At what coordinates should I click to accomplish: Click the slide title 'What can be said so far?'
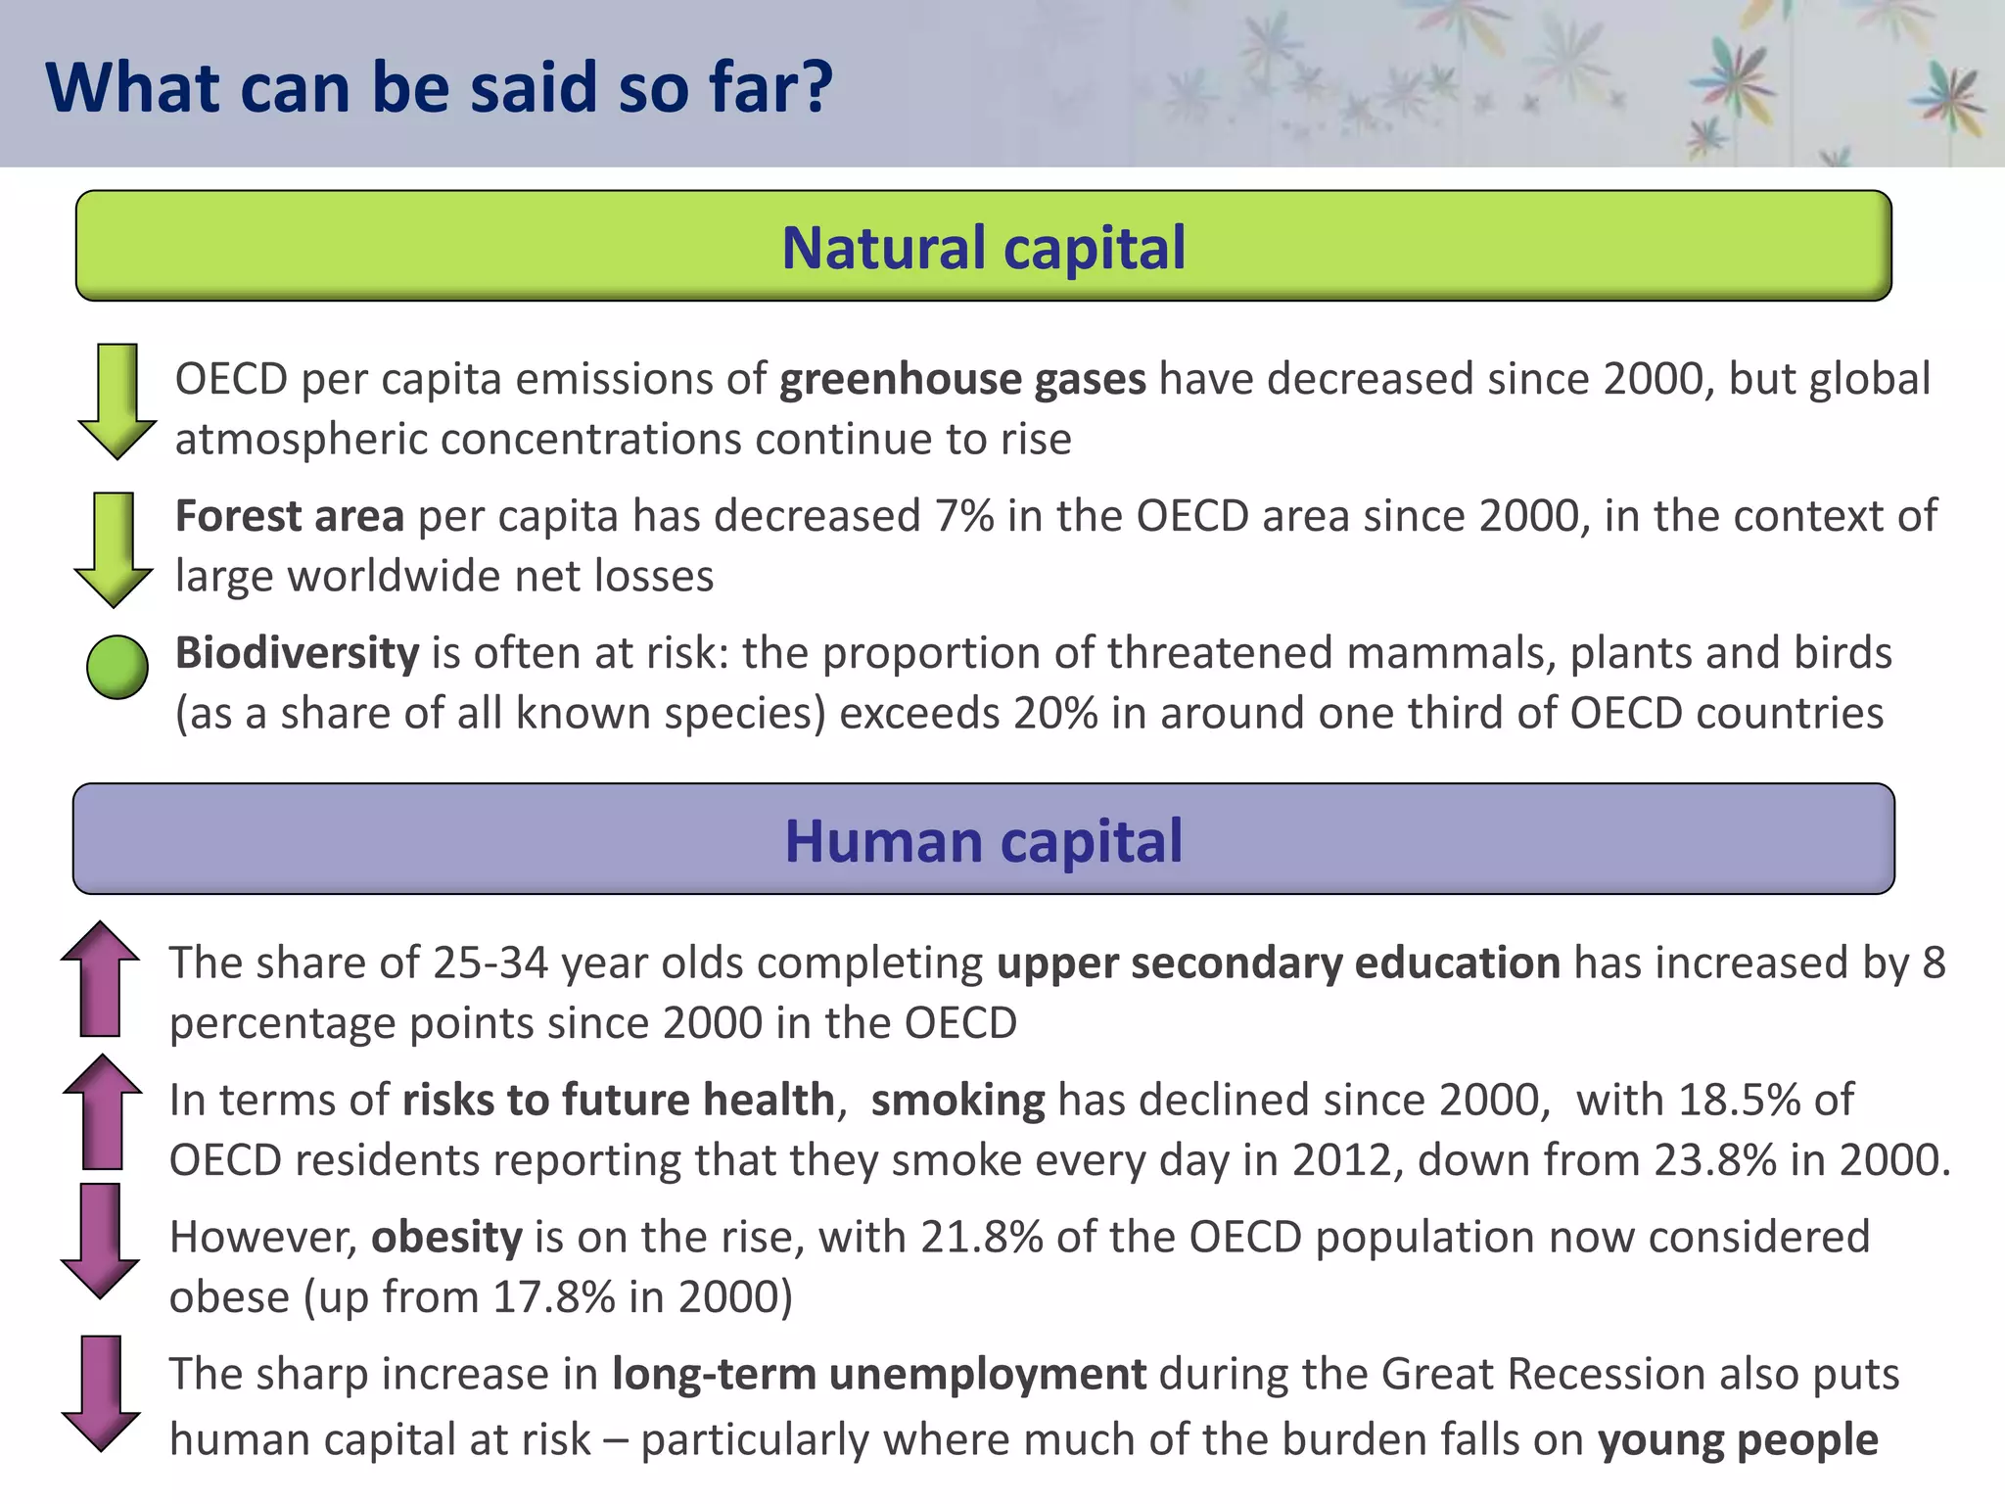tap(439, 87)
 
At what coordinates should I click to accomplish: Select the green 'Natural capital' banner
tap(983, 246)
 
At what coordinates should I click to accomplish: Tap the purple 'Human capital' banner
tap(983, 839)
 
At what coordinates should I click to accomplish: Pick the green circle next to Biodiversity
tap(117, 667)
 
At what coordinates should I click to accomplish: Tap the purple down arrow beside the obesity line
tap(100, 1241)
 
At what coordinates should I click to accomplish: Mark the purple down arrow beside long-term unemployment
tap(101, 1391)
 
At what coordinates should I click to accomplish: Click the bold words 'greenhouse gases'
tap(962, 379)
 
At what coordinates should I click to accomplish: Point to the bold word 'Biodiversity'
tap(297, 653)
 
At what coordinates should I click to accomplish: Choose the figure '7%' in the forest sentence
tap(964, 516)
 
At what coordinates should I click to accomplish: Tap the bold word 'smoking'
tap(957, 1101)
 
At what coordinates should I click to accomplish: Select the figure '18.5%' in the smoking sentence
tap(1739, 1100)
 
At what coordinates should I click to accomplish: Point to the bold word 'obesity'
tap(446, 1238)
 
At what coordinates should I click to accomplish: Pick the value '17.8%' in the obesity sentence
tap(554, 1297)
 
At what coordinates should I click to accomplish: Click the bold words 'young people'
tap(1738, 1440)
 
